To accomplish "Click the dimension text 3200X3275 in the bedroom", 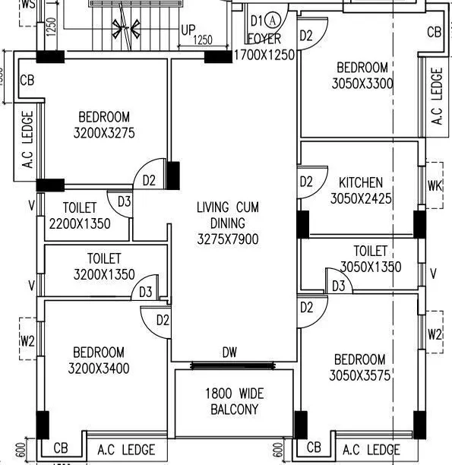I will tap(103, 133).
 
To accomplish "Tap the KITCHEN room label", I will tap(360, 183).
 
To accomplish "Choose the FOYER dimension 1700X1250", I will tap(264, 55).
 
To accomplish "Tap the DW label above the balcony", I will tap(229, 352).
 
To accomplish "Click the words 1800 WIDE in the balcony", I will tap(233, 394).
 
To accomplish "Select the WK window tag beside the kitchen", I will tap(435, 185).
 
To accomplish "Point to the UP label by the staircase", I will tap(188, 30).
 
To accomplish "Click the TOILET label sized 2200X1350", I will tap(80, 207).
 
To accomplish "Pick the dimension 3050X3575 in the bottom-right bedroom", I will tap(359, 375).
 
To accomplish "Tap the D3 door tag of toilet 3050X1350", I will tap(339, 286).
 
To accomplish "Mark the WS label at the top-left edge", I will tap(29, 4).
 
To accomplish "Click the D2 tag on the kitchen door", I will tap(306, 182).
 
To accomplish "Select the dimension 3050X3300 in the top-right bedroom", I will tap(362, 84).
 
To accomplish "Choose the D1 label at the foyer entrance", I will tap(257, 20).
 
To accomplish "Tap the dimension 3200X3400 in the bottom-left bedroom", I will tap(101, 369).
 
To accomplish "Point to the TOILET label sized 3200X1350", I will tap(103, 259).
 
